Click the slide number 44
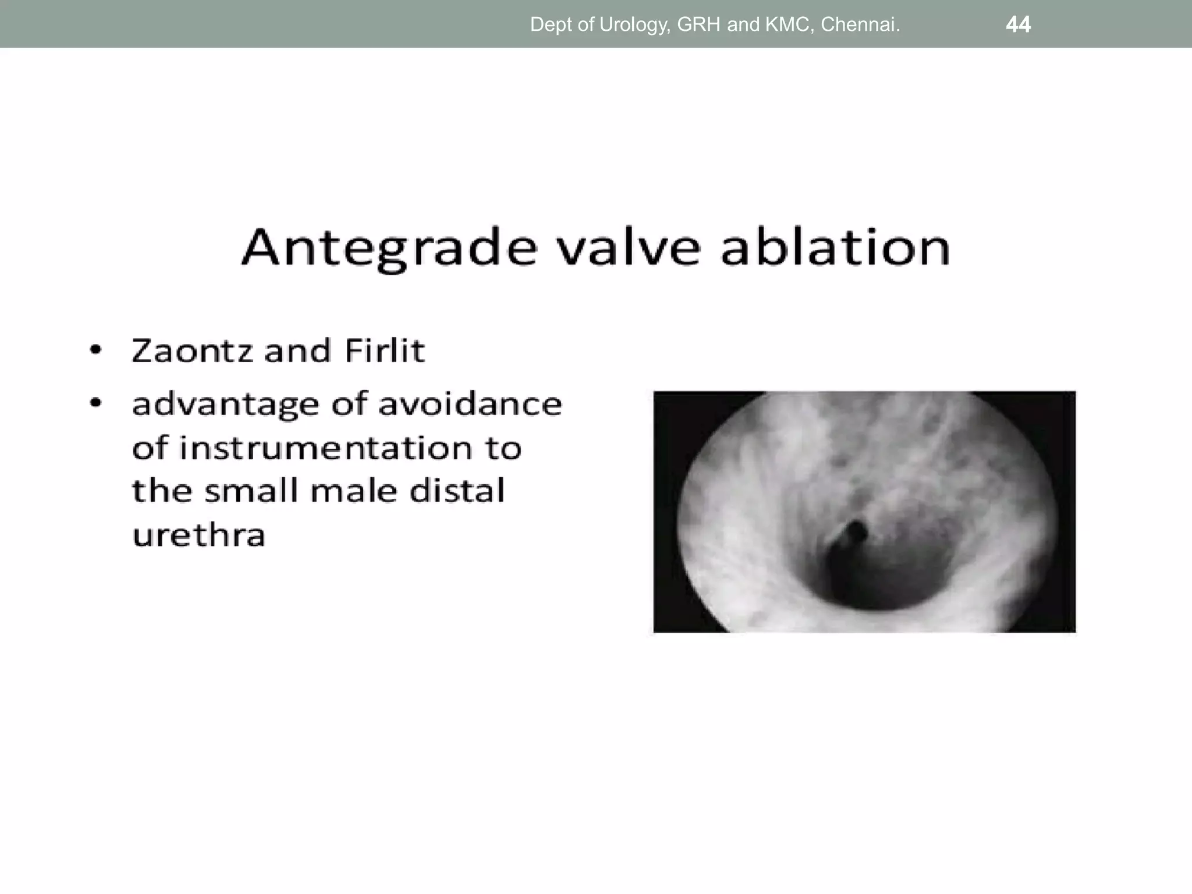[x=1018, y=24]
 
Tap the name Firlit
[x=384, y=351]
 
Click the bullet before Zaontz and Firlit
[x=95, y=351]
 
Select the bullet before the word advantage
[x=95, y=403]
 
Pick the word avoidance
[x=470, y=403]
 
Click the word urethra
[x=198, y=535]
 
